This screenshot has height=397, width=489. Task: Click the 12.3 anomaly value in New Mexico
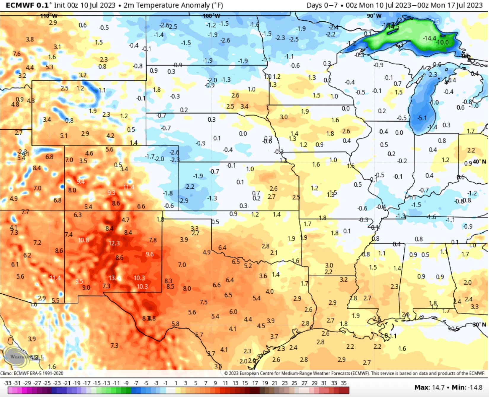click(114, 243)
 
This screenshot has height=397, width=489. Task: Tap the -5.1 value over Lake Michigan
click(422, 118)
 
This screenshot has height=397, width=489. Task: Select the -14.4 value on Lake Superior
click(429, 38)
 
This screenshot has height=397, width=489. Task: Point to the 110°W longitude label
click(49, 16)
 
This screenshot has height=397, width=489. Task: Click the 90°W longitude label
click(374, 16)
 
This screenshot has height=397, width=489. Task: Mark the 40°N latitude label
click(479, 162)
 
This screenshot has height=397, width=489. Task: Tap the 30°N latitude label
click(479, 325)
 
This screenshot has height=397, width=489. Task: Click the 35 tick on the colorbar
click(343, 383)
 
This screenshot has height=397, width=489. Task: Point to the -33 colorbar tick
click(8, 383)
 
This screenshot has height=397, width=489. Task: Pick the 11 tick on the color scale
click(225, 383)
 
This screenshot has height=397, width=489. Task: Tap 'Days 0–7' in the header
click(322, 5)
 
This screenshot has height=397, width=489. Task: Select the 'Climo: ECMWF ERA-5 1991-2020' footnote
click(32, 373)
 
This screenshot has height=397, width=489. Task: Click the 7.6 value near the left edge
click(17, 54)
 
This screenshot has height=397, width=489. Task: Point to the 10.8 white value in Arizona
click(83, 240)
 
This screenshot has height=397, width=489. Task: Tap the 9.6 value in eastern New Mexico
click(150, 254)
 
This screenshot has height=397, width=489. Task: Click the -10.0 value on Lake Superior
click(442, 42)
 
